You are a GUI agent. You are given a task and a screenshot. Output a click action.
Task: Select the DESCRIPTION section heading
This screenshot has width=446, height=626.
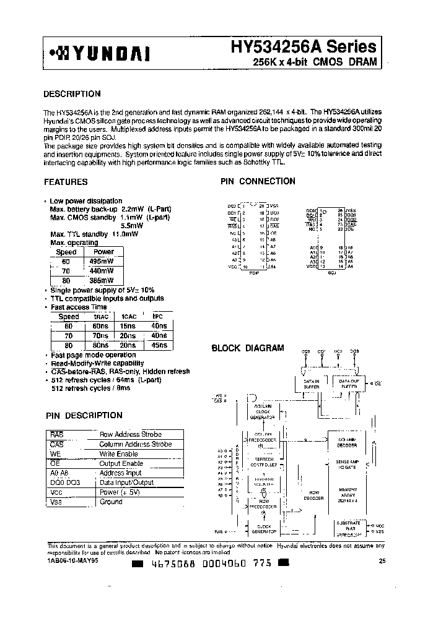tap(72, 94)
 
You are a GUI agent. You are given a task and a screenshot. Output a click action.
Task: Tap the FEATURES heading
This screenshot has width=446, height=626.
tap(66, 182)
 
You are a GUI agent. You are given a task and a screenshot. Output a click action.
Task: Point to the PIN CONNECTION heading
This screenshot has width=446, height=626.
tap(258, 181)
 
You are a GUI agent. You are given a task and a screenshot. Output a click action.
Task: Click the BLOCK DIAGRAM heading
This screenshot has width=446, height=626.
tap(247, 348)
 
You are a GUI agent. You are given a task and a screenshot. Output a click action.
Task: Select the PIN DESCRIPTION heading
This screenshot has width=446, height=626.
tap(84, 415)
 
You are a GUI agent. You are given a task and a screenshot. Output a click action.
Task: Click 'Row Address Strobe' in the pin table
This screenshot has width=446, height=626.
tap(130, 435)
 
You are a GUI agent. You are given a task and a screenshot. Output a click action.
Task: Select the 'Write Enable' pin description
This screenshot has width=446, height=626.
tap(119, 454)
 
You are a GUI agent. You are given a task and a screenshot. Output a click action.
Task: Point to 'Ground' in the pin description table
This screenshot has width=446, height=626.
tap(111, 502)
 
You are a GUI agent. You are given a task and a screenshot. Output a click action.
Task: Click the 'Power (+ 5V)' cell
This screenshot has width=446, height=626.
tap(120, 492)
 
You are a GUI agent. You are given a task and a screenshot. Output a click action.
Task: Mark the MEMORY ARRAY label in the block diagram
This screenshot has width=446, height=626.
tap(348, 492)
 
